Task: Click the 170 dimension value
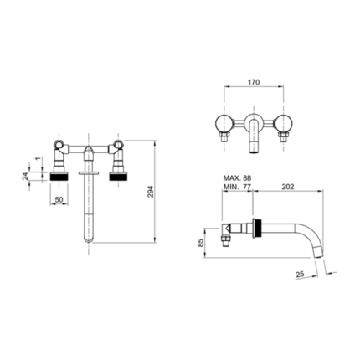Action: [x=254, y=82]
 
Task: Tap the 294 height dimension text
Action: [x=151, y=192]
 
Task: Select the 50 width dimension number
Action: [x=59, y=199]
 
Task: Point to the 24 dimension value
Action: [x=25, y=177]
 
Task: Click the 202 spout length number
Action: [x=288, y=187]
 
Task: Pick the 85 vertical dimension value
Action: [x=200, y=243]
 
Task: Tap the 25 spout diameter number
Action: [x=300, y=274]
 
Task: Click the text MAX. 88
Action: [x=237, y=178]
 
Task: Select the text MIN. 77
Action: [x=237, y=187]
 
